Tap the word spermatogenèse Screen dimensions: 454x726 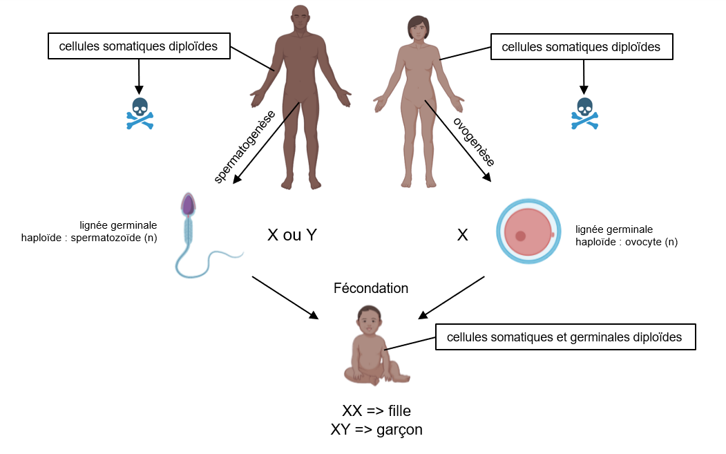tap(246, 146)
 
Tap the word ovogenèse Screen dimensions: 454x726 tap(474, 142)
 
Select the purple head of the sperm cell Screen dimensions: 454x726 tap(187, 204)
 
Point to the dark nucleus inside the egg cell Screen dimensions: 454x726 tap(520, 236)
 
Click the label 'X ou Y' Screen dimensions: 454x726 tap(292, 235)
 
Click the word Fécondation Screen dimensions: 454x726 tap(371, 288)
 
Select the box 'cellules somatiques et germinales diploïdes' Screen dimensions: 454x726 tap(565, 337)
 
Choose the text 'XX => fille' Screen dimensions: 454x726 tap(376, 410)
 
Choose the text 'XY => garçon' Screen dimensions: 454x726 tap(376, 429)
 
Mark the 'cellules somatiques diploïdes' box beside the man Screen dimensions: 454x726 tap(138, 47)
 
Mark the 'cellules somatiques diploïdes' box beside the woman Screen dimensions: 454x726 tap(581, 47)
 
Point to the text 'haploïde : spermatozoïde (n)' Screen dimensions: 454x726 tap(89, 238)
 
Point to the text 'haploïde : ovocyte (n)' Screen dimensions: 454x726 tap(627, 242)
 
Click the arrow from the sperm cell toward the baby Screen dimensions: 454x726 tap(285, 298)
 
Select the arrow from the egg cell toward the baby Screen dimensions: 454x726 tap(452, 298)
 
